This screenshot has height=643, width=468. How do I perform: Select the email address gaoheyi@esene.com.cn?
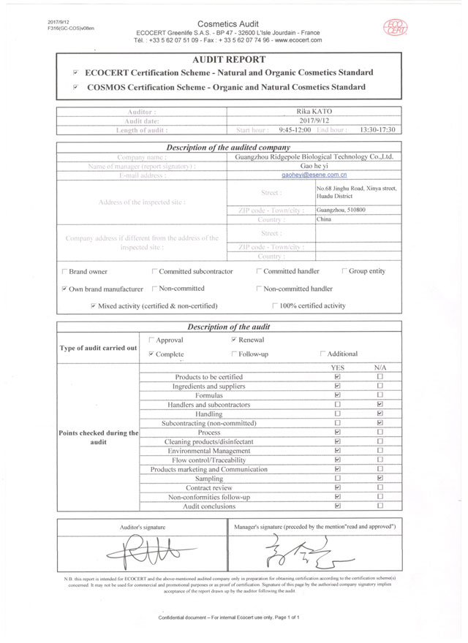click(314, 175)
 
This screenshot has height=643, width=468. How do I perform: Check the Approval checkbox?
click(151, 340)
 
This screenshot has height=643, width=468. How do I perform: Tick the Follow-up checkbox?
click(233, 354)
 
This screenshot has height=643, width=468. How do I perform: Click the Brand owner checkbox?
click(64, 272)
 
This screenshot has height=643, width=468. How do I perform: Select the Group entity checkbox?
click(344, 272)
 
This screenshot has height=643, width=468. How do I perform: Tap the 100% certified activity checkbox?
click(275, 305)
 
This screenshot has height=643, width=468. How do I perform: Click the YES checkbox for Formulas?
click(337, 395)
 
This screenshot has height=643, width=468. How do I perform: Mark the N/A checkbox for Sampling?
click(380, 478)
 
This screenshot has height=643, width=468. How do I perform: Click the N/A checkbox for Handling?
click(380, 414)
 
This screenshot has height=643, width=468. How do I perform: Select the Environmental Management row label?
click(209, 451)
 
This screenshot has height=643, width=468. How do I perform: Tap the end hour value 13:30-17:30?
click(377, 129)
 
